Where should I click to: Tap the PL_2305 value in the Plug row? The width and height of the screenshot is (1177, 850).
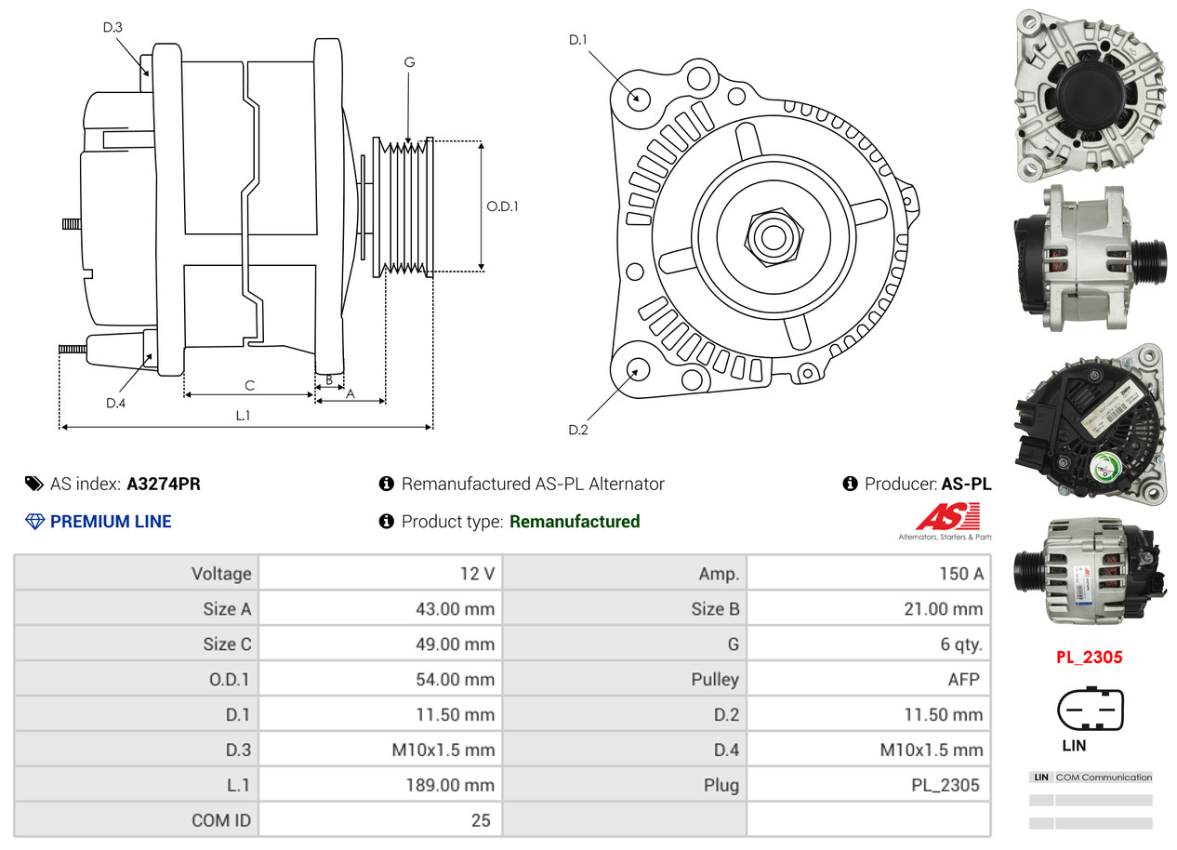click(x=945, y=785)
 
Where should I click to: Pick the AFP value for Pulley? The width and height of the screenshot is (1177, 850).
click(x=963, y=680)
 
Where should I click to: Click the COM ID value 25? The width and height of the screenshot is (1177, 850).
click(x=481, y=820)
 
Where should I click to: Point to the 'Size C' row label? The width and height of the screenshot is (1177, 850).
click(x=226, y=644)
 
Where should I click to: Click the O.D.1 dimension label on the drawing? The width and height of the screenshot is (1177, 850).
click(x=502, y=206)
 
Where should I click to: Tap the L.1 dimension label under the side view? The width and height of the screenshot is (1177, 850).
click(x=243, y=416)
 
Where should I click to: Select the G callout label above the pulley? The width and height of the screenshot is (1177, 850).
click(x=409, y=62)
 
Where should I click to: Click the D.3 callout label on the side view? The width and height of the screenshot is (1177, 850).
click(x=112, y=27)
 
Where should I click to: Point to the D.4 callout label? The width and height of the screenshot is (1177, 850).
click(x=115, y=403)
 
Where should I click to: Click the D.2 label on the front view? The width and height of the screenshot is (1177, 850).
click(x=578, y=430)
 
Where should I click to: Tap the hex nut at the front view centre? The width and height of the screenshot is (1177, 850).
click(x=772, y=235)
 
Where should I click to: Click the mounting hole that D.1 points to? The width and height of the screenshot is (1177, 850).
click(x=638, y=98)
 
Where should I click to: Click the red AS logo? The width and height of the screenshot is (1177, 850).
click(x=946, y=516)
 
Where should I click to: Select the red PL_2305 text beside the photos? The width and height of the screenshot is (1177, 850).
click(x=1089, y=657)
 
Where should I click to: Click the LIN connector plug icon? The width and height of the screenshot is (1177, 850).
click(x=1091, y=711)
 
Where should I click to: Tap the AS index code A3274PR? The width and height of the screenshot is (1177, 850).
click(x=164, y=484)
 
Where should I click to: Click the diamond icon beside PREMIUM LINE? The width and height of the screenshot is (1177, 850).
click(x=34, y=522)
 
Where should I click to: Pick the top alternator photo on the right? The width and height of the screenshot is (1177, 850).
click(x=1089, y=93)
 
